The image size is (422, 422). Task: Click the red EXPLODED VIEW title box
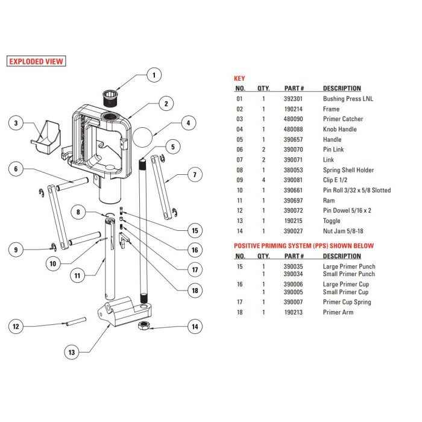tap(36, 61)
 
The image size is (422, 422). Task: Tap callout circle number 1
tap(154, 75)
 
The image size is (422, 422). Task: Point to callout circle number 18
tap(194, 290)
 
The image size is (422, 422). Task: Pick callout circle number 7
tap(194, 176)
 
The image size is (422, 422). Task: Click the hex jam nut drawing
tap(145, 326)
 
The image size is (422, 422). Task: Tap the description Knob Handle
tap(339, 130)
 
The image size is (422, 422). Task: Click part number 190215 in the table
tap(295, 221)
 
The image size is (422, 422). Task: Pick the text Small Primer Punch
tap(348, 274)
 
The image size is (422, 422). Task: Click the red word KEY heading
tap(239, 78)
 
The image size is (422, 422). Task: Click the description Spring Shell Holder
tap(348, 170)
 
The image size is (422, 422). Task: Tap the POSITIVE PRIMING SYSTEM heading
tap(303, 246)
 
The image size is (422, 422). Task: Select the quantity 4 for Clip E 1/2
tap(263, 180)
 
